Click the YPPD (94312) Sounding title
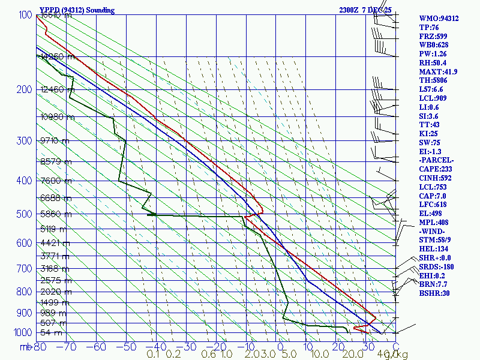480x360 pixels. point(76,10)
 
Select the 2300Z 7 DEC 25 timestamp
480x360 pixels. point(365,10)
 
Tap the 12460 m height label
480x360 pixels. point(58,90)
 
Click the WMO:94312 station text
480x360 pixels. point(439,19)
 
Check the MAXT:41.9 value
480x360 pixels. point(438,71)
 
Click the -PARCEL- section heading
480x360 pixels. point(437,160)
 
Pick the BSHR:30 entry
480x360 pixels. point(434,293)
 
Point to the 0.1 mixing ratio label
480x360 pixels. point(153,355)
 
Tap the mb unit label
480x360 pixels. point(25,346)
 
